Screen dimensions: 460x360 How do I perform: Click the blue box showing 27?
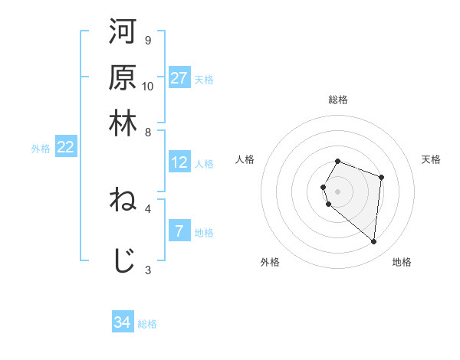[x=179, y=78]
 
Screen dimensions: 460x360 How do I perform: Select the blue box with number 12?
[x=179, y=162]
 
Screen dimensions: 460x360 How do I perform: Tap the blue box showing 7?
[x=179, y=231]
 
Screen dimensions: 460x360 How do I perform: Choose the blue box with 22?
[x=65, y=148]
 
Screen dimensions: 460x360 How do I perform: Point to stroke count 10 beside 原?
[x=148, y=86]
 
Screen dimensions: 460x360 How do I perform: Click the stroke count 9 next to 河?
[x=147, y=40]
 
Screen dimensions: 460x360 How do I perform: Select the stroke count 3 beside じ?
[x=147, y=270]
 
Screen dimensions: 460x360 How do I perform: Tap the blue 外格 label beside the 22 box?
[x=41, y=149]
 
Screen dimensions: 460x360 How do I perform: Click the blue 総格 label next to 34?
[x=147, y=324]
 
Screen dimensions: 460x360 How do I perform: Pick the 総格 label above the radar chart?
[x=338, y=100]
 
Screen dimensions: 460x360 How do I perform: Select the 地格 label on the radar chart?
[x=402, y=262]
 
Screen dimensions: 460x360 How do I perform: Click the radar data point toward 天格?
[x=382, y=177]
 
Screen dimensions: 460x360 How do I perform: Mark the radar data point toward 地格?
[x=374, y=242]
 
